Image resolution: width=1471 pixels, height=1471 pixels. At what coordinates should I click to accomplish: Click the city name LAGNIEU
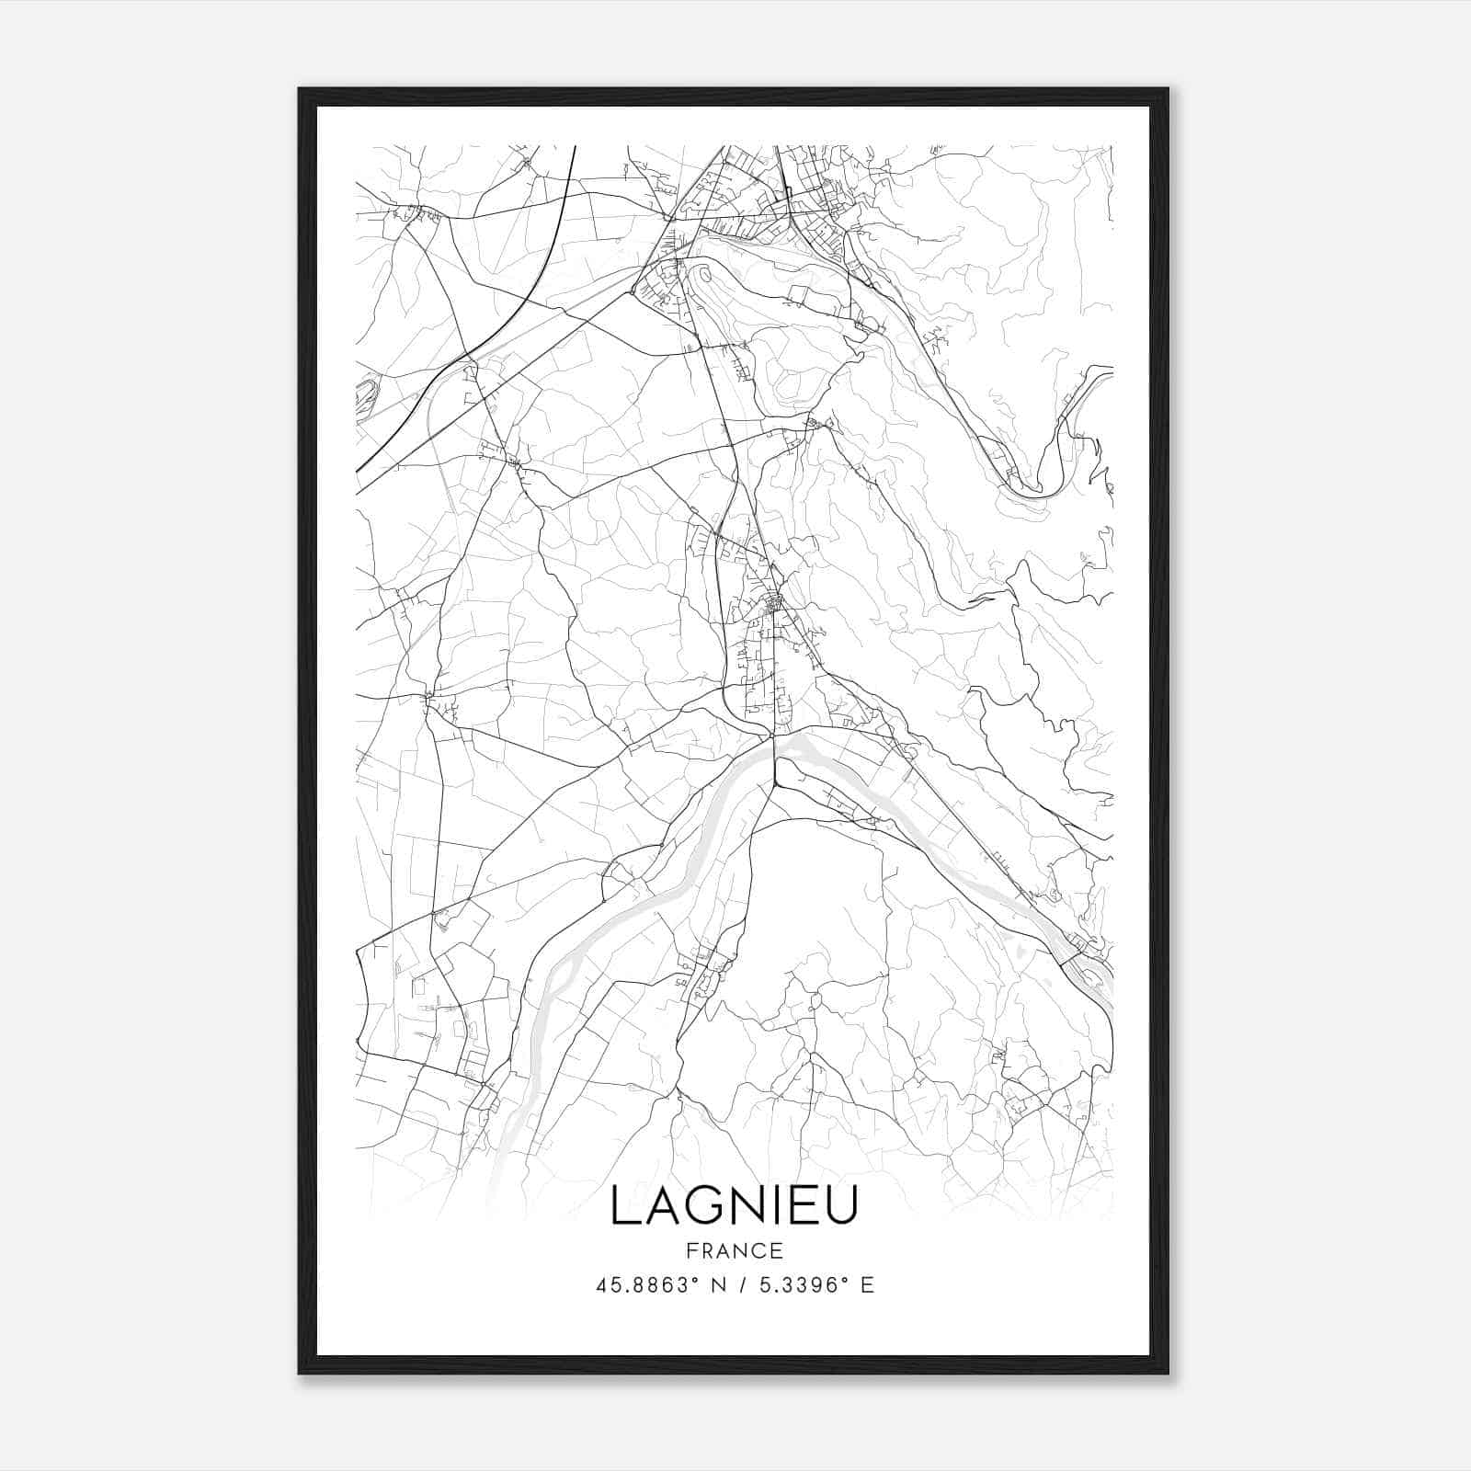click(x=733, y=1206)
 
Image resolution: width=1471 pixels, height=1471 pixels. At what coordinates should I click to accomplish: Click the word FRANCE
click(x=733, y=1251)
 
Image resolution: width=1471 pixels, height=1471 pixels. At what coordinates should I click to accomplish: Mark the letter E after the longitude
click(x=867, y=1285)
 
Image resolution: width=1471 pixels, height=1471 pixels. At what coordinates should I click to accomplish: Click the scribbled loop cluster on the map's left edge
click(x=363, y=395)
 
